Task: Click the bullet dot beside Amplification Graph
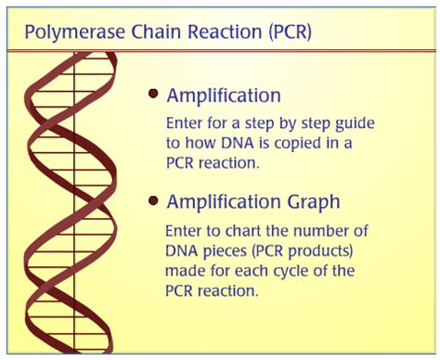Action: (153, 201)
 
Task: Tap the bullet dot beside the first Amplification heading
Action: (153, 95)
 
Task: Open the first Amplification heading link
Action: (224, 96)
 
